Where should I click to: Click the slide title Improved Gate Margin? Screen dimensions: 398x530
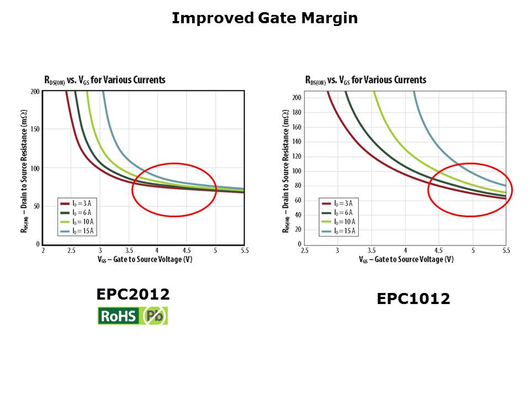264,18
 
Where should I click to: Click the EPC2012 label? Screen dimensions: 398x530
133,295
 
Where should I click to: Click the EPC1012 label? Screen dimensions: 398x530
414,299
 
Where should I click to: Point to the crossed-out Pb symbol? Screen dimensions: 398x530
155,316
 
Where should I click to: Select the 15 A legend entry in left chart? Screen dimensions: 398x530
78,231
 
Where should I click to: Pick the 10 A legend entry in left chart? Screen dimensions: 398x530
78,222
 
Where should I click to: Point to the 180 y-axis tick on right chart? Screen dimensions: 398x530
296,113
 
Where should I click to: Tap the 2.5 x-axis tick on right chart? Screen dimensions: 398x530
305,251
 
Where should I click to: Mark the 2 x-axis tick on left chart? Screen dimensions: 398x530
43,251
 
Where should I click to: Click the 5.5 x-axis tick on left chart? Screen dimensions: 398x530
245,251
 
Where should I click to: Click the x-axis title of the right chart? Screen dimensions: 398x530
406,259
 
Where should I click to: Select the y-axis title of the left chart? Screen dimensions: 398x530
25,167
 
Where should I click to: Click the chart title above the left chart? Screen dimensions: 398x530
105,80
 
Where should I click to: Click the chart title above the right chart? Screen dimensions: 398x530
366,80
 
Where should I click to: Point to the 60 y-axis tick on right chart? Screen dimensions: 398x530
298,200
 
